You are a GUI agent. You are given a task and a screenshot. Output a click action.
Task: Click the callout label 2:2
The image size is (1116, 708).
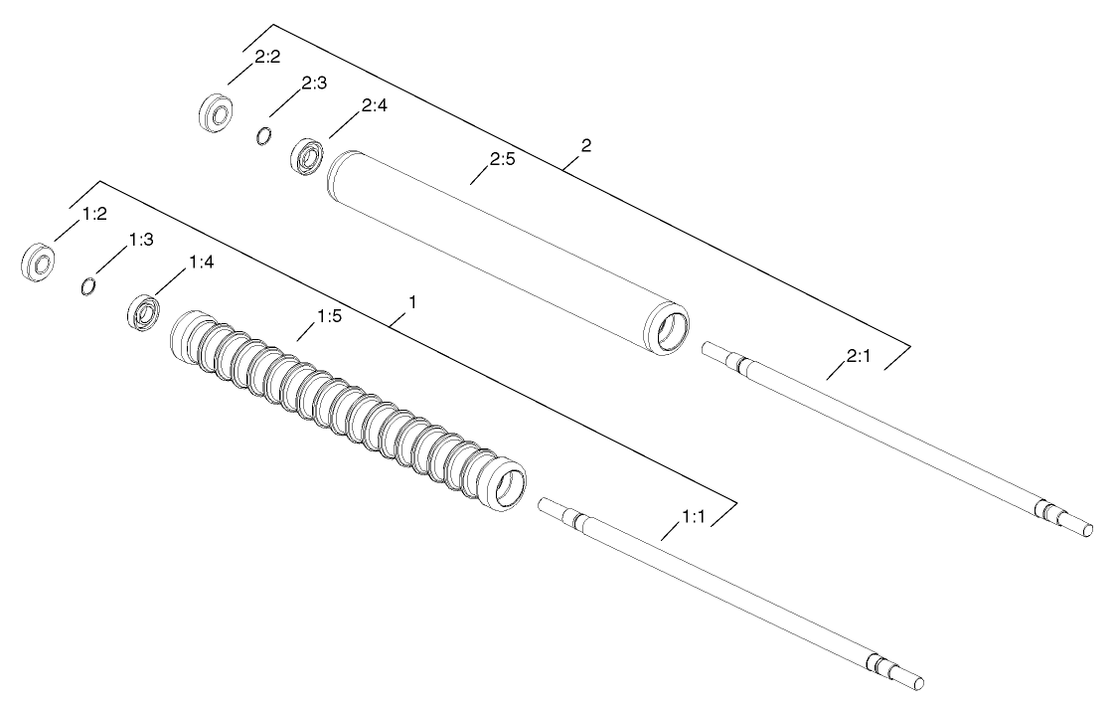[x=265, y=59]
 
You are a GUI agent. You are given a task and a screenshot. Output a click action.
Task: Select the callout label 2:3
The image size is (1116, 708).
[x=314, y=84]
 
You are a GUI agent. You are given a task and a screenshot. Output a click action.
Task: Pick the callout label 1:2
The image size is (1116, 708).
[x=91, y=214]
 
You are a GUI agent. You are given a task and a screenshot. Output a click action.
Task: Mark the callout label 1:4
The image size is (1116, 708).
[x=202, y=264]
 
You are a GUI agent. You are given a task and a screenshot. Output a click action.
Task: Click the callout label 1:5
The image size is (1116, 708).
[x=330, y=317]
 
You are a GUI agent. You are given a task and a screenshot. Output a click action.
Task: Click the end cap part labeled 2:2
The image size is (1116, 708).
[x=216, y=112]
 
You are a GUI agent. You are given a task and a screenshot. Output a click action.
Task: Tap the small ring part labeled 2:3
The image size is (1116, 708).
[x=264, y=136]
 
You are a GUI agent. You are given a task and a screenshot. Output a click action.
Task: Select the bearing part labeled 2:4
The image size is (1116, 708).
[x=309, y=157]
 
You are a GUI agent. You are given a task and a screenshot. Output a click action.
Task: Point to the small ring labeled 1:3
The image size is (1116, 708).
[x=88, y=286]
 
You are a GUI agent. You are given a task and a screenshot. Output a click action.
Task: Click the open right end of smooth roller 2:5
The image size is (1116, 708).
[x=669, y=328]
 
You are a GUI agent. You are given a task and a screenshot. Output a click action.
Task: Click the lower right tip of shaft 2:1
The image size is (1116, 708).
[x=1087, y=529]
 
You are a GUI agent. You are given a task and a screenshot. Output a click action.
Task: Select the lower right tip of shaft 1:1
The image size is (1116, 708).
[x=918, y=683]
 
